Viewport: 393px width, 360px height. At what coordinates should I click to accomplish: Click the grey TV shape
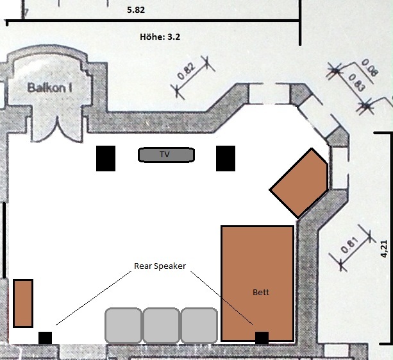click(166, 155)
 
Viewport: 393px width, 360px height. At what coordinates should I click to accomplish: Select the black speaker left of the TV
click(106, 159)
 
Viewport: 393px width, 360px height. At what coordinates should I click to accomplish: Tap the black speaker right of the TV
click(226, 159)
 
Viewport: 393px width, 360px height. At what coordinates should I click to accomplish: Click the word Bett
click(261, 292)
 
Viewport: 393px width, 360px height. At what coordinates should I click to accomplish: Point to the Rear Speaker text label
click(160, 266)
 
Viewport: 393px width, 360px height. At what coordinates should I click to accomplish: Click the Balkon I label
click(49, 88)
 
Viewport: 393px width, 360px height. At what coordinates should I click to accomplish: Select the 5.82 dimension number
click(136, 10)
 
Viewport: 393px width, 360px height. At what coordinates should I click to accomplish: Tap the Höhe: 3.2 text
click(160, 37)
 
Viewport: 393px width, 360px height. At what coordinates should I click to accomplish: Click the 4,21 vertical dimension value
click(384, 249)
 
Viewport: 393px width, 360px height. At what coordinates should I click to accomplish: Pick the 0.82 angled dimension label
click(187, 71)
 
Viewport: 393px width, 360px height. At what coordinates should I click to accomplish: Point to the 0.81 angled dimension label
click(350, 245)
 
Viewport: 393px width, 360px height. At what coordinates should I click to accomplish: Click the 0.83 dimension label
click(357, 82)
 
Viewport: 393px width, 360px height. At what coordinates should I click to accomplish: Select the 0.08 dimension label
click(369, 67)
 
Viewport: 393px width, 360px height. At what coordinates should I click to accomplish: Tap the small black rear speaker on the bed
click(262, 338)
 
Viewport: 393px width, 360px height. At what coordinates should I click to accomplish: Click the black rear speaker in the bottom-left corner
click(45, 338)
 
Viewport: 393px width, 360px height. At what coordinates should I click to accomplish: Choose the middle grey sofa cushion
click(161, 325)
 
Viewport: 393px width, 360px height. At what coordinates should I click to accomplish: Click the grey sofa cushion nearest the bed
click(199, 325)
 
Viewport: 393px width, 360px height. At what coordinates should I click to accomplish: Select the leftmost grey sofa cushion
click(123, 325)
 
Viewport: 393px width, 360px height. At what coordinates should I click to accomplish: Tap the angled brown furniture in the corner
click(299, 183)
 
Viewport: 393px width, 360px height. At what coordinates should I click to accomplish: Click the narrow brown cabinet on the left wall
click(23, 304)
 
